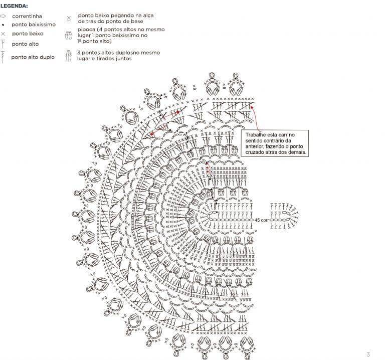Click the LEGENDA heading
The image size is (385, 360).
click(x=14, y=6)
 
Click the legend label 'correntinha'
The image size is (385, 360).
click(x=27, y=16)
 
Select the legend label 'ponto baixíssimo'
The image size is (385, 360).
click(x=34, y=25)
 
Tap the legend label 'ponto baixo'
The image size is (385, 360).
click(x=28, y=34)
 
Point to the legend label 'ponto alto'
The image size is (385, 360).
click(x=25, y=44)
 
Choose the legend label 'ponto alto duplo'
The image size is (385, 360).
click(x=33, y=57)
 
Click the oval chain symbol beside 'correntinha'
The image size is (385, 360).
click(x=3, y=16)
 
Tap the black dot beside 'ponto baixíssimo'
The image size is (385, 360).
click(x=3, y=25)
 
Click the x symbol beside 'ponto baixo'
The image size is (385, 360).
click(x=3, y=34)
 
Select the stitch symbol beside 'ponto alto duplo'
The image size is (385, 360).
click(x=3, y=57)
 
